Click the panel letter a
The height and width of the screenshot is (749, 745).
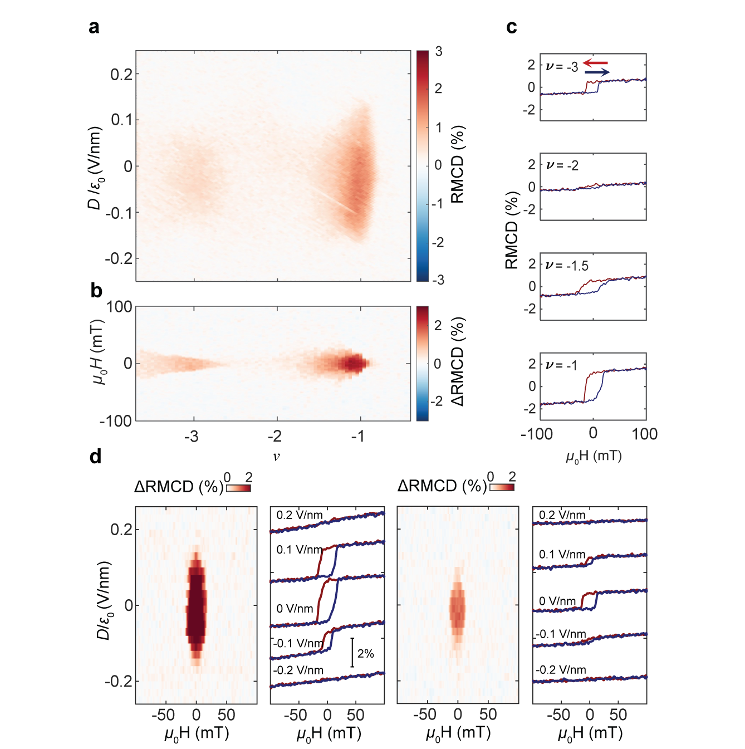[x=94, y=27]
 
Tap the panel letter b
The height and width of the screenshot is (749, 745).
[x=96, y=291]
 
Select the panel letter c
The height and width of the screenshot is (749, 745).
[x=512, y=27]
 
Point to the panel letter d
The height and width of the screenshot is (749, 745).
[x=96, y=457]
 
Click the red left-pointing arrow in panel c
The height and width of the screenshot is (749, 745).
[x=596, y=63]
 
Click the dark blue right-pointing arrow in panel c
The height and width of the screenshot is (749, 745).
[x=597, y=72]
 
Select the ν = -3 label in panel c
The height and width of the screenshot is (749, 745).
[x=562, y=67]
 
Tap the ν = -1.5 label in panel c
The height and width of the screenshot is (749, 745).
[x=567, y=266]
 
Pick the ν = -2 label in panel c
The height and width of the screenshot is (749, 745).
[x=562, y=165]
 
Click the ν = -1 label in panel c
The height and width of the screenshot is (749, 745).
[x=562, y=365]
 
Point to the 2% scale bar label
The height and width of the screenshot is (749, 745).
[x=366, y=653]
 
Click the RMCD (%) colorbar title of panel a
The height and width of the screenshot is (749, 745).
[x=457, y=164]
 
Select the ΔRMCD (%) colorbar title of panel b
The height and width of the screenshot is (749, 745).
[x=457, y=361]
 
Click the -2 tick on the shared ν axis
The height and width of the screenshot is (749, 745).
[x=275, y=436]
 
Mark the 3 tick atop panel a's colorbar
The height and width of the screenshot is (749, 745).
[x=439, y=52]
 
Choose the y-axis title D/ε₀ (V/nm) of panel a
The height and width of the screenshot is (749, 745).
[x=95, y=168]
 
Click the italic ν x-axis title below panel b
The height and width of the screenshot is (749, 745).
[x=276, y=457]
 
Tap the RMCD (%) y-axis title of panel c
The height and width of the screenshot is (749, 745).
[x=512, y=231]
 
